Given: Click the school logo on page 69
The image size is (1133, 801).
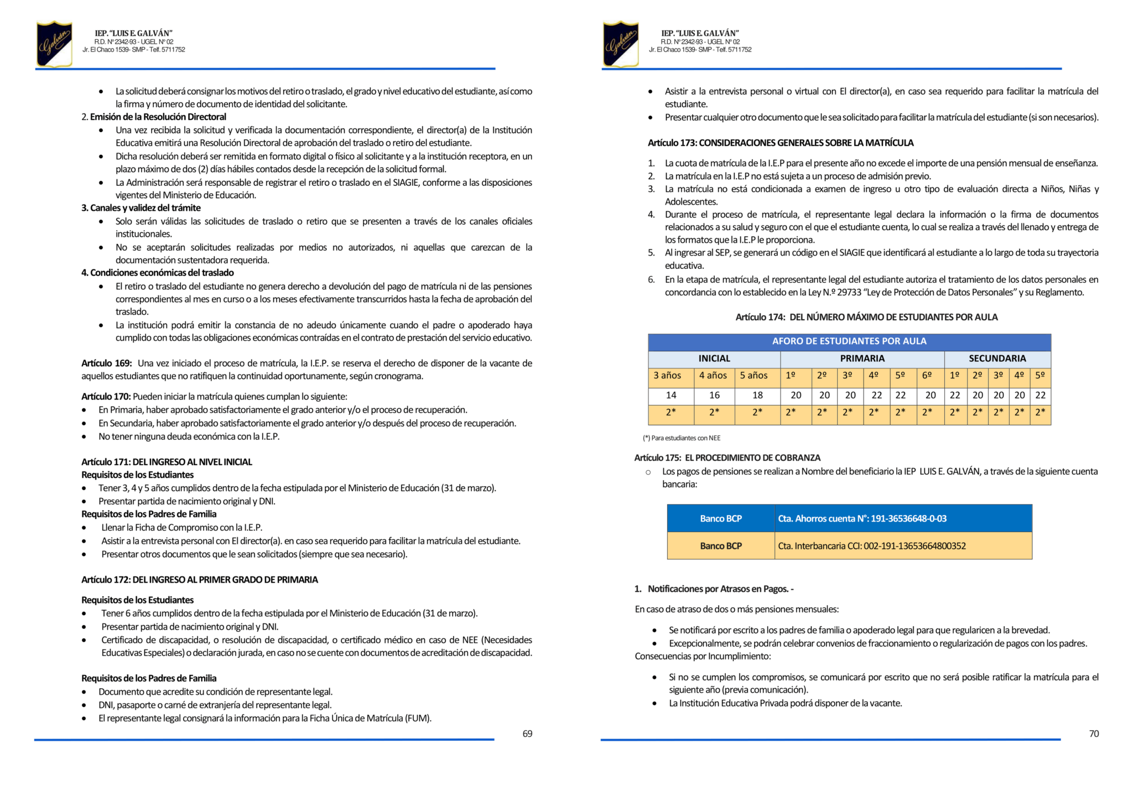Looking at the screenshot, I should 54,44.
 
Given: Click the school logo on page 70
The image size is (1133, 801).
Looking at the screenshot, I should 621,44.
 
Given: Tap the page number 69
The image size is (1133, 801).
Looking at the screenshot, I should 527,734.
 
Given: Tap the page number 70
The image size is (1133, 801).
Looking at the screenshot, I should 1094,734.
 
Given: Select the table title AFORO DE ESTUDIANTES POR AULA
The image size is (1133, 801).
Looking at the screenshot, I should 849,341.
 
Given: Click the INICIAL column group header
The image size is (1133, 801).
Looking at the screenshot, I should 714,358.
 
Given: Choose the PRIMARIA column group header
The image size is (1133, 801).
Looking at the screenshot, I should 862,358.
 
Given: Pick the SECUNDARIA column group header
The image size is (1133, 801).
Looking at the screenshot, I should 997,358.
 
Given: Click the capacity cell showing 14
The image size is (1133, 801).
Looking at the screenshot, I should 671,395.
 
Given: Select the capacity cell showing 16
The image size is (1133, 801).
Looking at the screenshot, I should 714,395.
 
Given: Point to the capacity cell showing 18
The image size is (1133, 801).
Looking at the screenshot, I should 757,395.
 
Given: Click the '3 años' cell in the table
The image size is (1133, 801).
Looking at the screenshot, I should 667,376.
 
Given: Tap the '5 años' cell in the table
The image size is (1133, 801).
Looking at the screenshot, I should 753,376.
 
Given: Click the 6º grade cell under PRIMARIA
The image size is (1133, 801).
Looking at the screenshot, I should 927,376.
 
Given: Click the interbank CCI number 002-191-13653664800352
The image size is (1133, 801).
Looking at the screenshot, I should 914,546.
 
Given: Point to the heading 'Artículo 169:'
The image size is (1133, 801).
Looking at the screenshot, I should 107,363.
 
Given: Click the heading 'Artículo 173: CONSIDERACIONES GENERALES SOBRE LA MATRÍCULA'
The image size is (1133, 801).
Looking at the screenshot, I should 780,143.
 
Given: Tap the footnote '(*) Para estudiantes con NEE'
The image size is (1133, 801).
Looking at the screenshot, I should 682,438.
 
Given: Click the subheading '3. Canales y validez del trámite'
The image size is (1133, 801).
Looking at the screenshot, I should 141,208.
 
